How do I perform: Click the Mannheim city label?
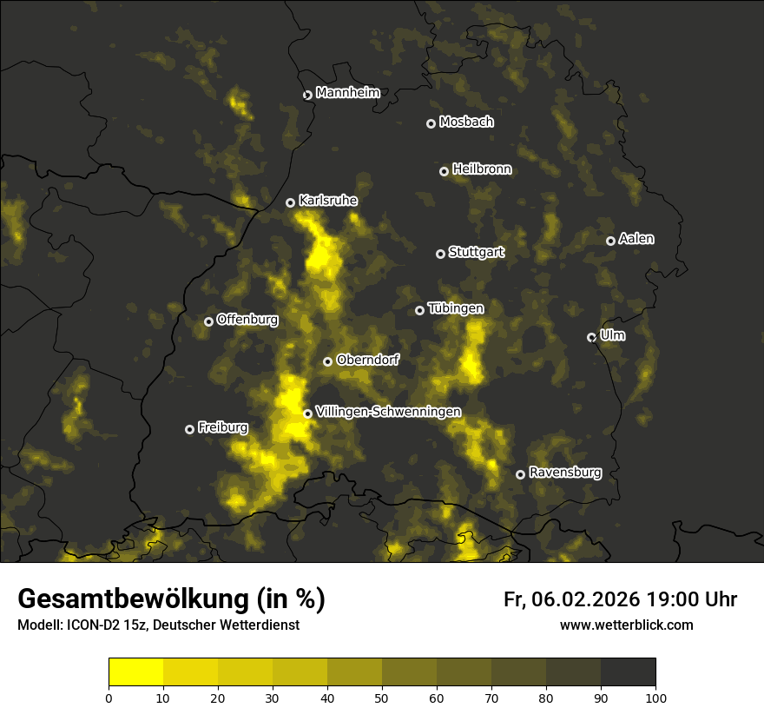point(347,93)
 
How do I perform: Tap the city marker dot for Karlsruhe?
point(291,202)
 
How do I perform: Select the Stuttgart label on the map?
point(476,253)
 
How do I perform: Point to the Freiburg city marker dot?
point(190,429)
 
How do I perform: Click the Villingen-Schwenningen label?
point(388,412)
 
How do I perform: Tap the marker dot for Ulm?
point(592,337)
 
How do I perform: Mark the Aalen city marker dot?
point(611,241)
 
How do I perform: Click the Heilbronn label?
point(482,169)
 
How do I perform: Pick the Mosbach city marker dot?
point(431,123)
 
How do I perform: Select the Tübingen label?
point(456,308)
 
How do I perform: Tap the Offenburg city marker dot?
point(209,321)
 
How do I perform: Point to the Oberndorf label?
point(367,360)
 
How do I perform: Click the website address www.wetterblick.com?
point(627,625)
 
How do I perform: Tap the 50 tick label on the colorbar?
point(382,698)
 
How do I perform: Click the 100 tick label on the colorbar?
point(655,698)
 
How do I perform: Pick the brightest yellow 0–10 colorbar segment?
point(136,672)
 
